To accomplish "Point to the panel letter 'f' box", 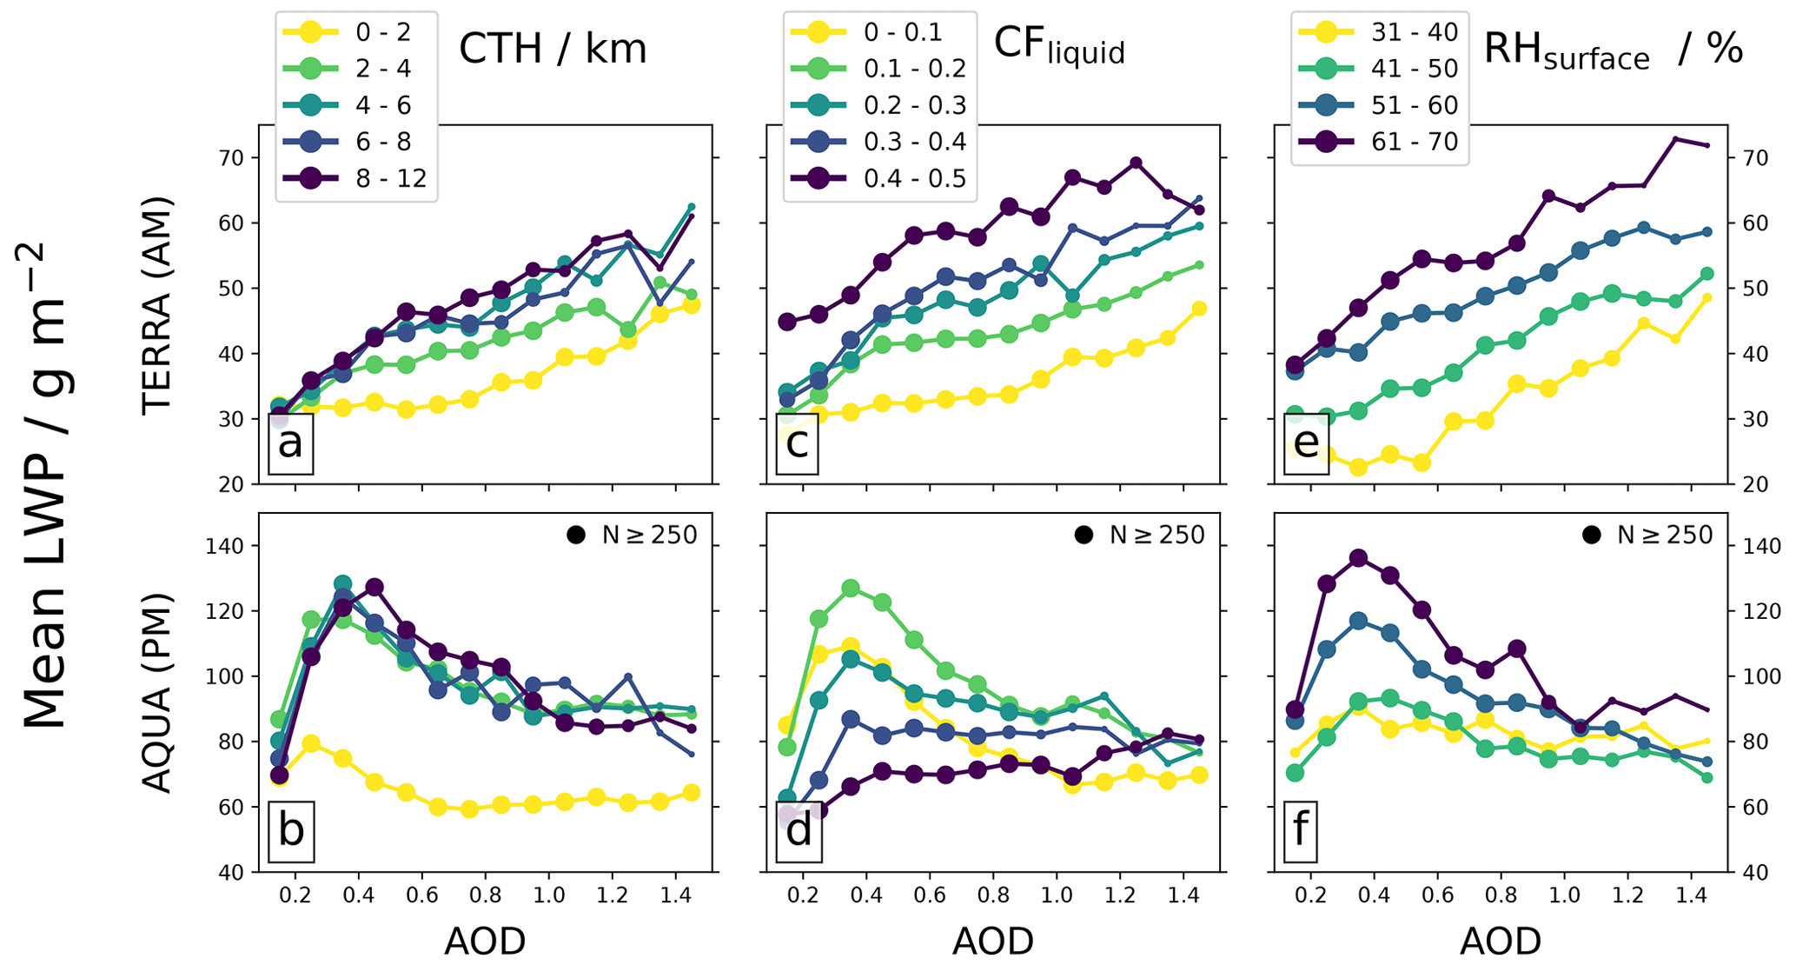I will pyautogui.click(x=1301, y=829).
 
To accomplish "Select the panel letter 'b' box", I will pyautogui.click(x=290, y=830).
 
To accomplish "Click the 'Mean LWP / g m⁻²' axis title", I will pyautogui.click(x=45, y=487).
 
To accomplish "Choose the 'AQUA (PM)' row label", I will pyautogui.click(x=157, y=693).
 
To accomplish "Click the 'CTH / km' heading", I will pyautogui.click(x=553, y=50).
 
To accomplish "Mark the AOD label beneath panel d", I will pyautogui.click(x=993, y=941).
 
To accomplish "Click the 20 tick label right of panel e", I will pyautogui.click(x=1748, y=484).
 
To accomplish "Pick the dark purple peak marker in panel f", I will pyautogui.click(x=1358, y=558).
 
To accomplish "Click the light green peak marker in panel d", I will pyautogui.click(x=851, y=589).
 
